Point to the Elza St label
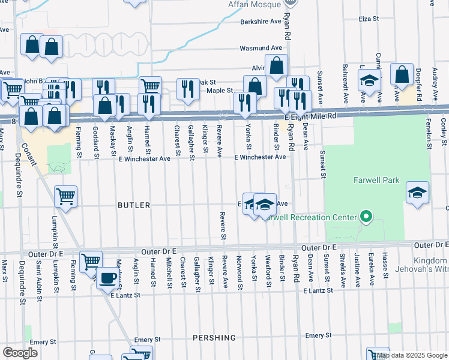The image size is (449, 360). [x=369, y=19]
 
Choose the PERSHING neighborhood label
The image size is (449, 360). [x=214, y=338]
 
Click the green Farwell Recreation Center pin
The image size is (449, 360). [x=364, y=217]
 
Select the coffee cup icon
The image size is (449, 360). [x=108, y=278]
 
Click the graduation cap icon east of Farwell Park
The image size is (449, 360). [x=417, y=193]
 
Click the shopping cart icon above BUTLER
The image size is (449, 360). [x=66, y=195]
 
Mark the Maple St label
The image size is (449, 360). [x=220, y=91]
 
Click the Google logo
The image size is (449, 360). [x=20, y=352]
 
